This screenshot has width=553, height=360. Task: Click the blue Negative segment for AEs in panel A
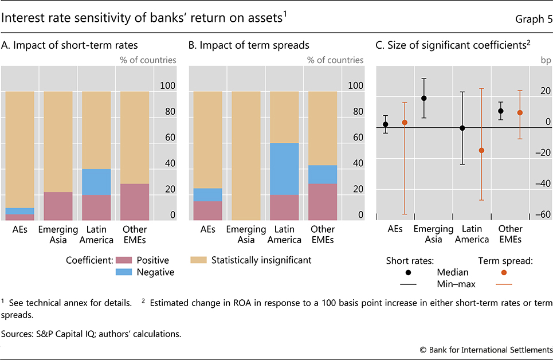click(x=19, y=211)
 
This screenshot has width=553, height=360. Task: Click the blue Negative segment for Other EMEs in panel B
click(x=322, y=174)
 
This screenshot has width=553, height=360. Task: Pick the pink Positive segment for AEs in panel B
click(x=208, y=210)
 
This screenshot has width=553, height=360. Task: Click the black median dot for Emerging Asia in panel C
click(x=424, y=98)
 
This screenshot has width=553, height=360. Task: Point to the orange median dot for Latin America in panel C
click(x=481, y=150)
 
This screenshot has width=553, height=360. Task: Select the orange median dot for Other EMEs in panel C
click(x=520, y=112)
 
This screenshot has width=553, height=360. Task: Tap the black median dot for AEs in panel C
click(x=386, y=124)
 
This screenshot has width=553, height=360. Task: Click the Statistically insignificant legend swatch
click(x=198, y=260)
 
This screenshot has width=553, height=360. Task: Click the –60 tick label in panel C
click(x=540, y=215)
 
